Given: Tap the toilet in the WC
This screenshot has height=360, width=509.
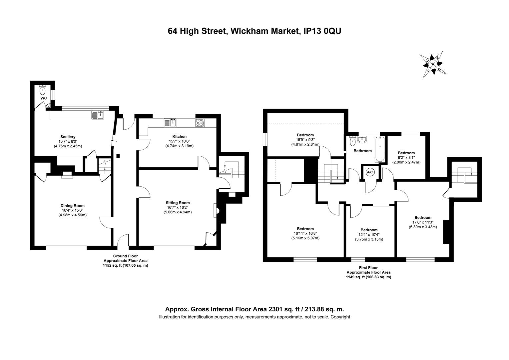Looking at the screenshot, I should coord(42,90).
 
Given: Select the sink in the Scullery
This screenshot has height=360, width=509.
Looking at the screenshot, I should coord(98,115).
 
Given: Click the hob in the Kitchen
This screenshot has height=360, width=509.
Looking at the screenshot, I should coord(200,123).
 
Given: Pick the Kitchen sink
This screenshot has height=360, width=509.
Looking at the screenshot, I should coord(170,123).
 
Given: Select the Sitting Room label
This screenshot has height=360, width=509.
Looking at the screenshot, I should coord(178,203).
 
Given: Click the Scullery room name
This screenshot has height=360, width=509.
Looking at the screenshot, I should coord(68,137).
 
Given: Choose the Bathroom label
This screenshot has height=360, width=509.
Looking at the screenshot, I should coord(362,151).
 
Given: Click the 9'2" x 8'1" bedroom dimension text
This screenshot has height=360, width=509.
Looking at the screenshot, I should coord(406,158).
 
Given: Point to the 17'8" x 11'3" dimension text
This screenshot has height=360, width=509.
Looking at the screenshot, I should coord(423,222).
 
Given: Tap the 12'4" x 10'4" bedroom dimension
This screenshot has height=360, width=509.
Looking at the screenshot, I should coord(369,235).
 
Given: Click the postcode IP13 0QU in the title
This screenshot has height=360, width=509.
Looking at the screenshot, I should coord(322,31).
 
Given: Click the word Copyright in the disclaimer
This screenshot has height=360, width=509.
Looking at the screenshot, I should coord(340,317).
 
